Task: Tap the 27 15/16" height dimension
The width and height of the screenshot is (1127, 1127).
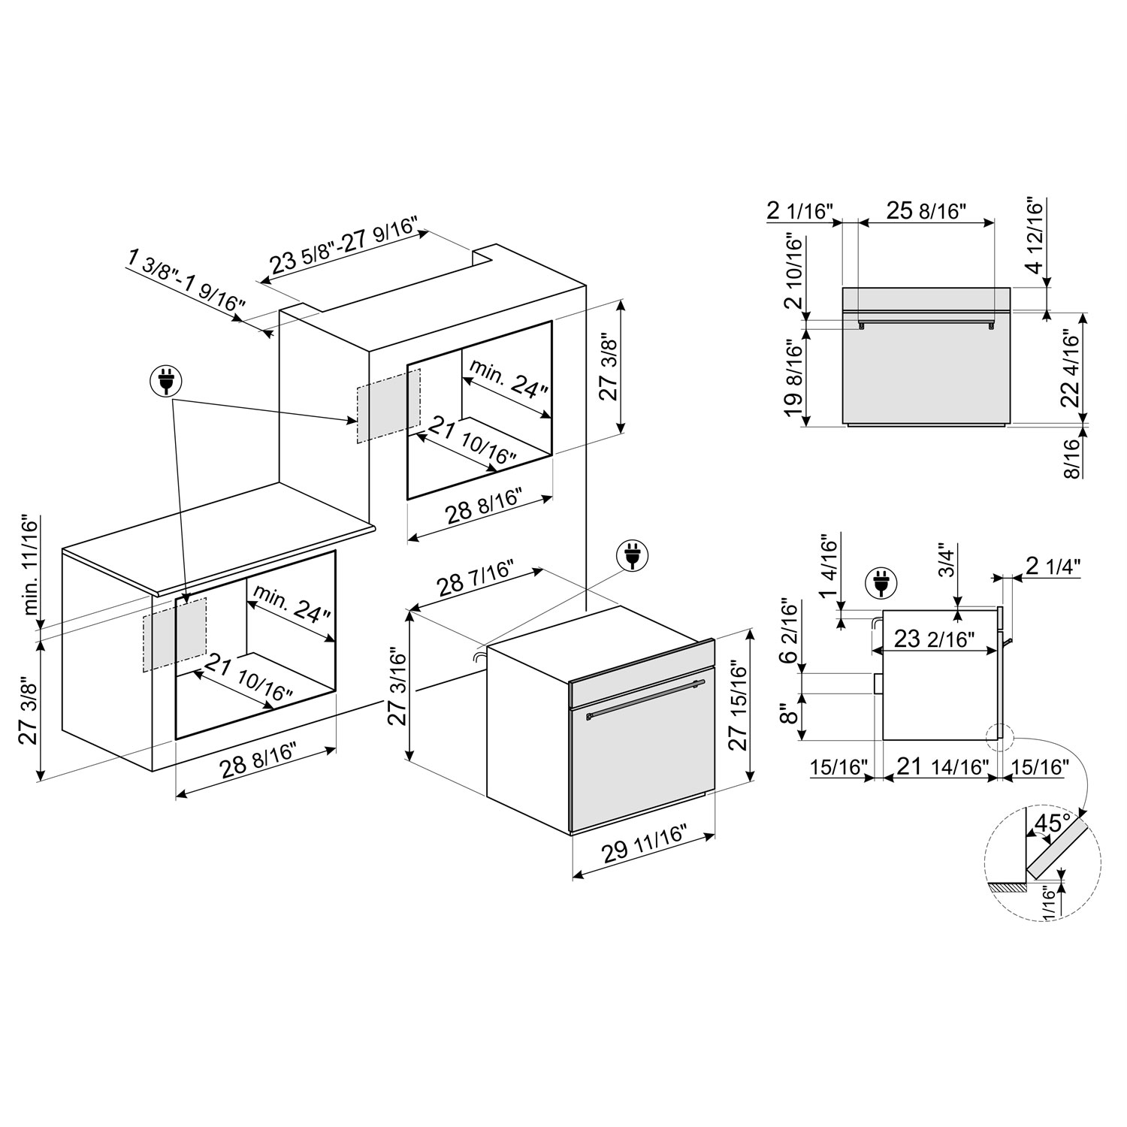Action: pyautogui.click(x=738, y=705)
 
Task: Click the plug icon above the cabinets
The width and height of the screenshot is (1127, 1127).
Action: pyautogui.click(x=165, y=382)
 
